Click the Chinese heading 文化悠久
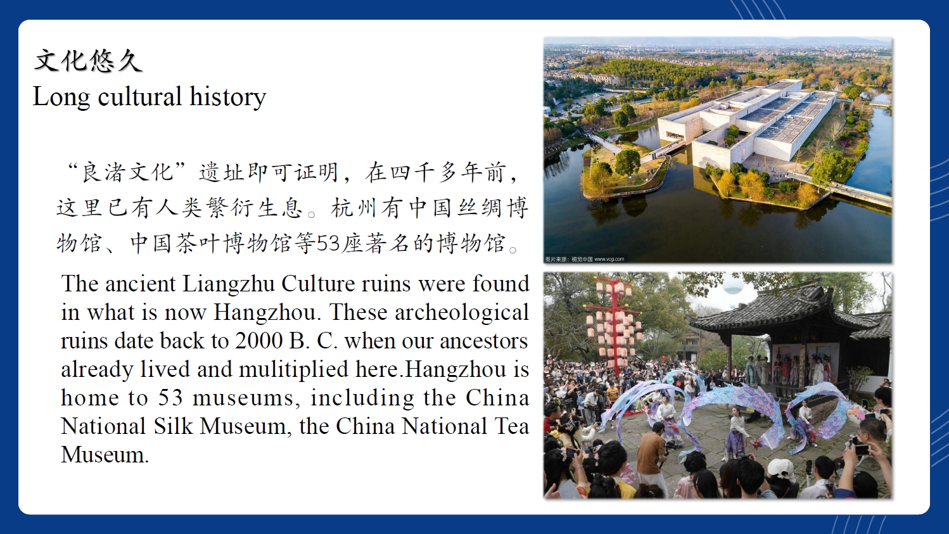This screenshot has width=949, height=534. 87,61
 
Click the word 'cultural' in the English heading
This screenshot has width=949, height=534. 140,96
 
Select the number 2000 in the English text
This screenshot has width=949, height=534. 258,340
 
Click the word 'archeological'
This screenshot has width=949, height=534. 462,312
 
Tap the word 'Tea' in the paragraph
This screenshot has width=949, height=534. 513,426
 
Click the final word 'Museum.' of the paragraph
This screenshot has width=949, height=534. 105,454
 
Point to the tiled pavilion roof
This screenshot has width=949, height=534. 788,309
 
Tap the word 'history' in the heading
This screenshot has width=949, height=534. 228,96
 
